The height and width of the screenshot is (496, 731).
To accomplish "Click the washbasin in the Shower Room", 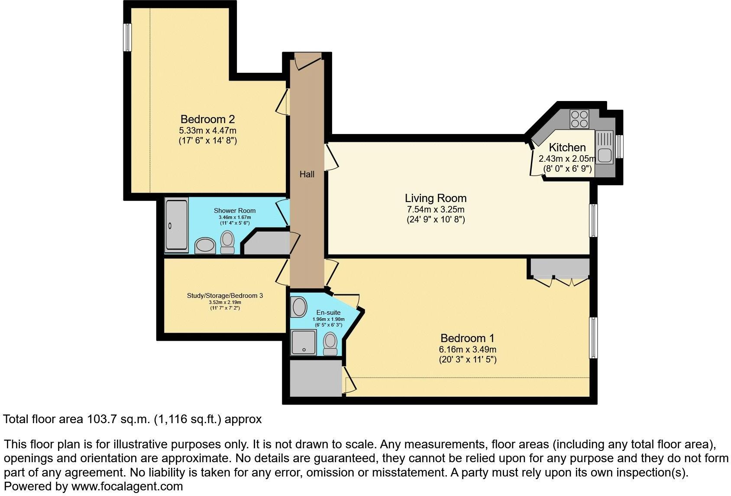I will pyautogui.click(x=205, y=246).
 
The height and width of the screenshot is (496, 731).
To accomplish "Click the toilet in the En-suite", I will pyautogui.click(x=330, y=343).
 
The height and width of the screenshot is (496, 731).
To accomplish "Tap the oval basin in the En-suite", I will pyautogui.click(x=299, y=307).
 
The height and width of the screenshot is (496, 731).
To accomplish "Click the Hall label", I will pyautogui.click(x=307, y=174).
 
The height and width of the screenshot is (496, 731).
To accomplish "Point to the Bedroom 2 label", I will pyautogui.click(x=207, y=119).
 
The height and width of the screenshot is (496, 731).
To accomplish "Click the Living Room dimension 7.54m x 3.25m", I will pyautogui.click(x=435, y=209).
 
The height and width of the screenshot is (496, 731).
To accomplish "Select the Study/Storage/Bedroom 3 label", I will pyautogui.click(x=225, y=296).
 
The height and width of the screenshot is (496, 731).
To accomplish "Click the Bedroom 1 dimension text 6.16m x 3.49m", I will pyautogui.click(x=467, y=349).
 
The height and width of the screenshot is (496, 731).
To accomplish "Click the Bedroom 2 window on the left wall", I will pyautogui.click(x=127, y=37).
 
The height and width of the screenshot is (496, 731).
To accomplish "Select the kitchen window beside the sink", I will pyautogui.click(x=620, y=147).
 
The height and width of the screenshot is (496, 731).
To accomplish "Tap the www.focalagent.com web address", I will pyautogui.click(x=127, y=486).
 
